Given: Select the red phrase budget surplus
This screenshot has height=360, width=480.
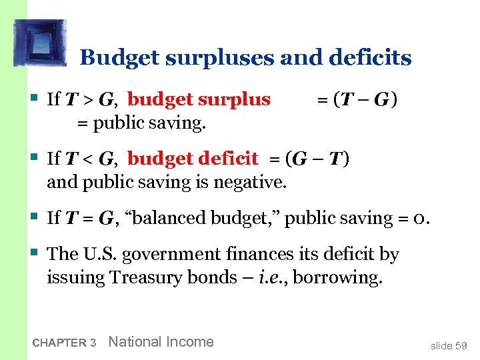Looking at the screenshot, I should tap(199, 100).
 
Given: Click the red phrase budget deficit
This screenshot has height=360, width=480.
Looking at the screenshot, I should tap(193, 159).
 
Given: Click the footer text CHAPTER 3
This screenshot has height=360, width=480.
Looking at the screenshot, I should tap(64, 343).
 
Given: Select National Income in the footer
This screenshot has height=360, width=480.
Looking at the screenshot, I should tap(161, 342).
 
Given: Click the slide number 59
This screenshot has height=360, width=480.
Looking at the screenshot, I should tap(461, 346).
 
